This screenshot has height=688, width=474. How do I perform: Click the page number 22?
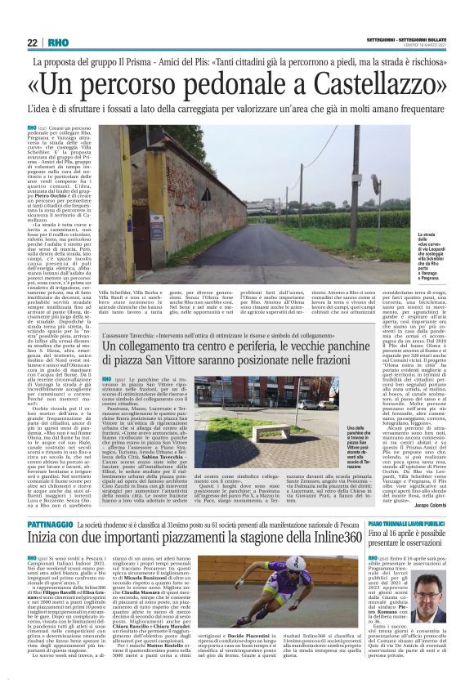coord(32,42)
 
